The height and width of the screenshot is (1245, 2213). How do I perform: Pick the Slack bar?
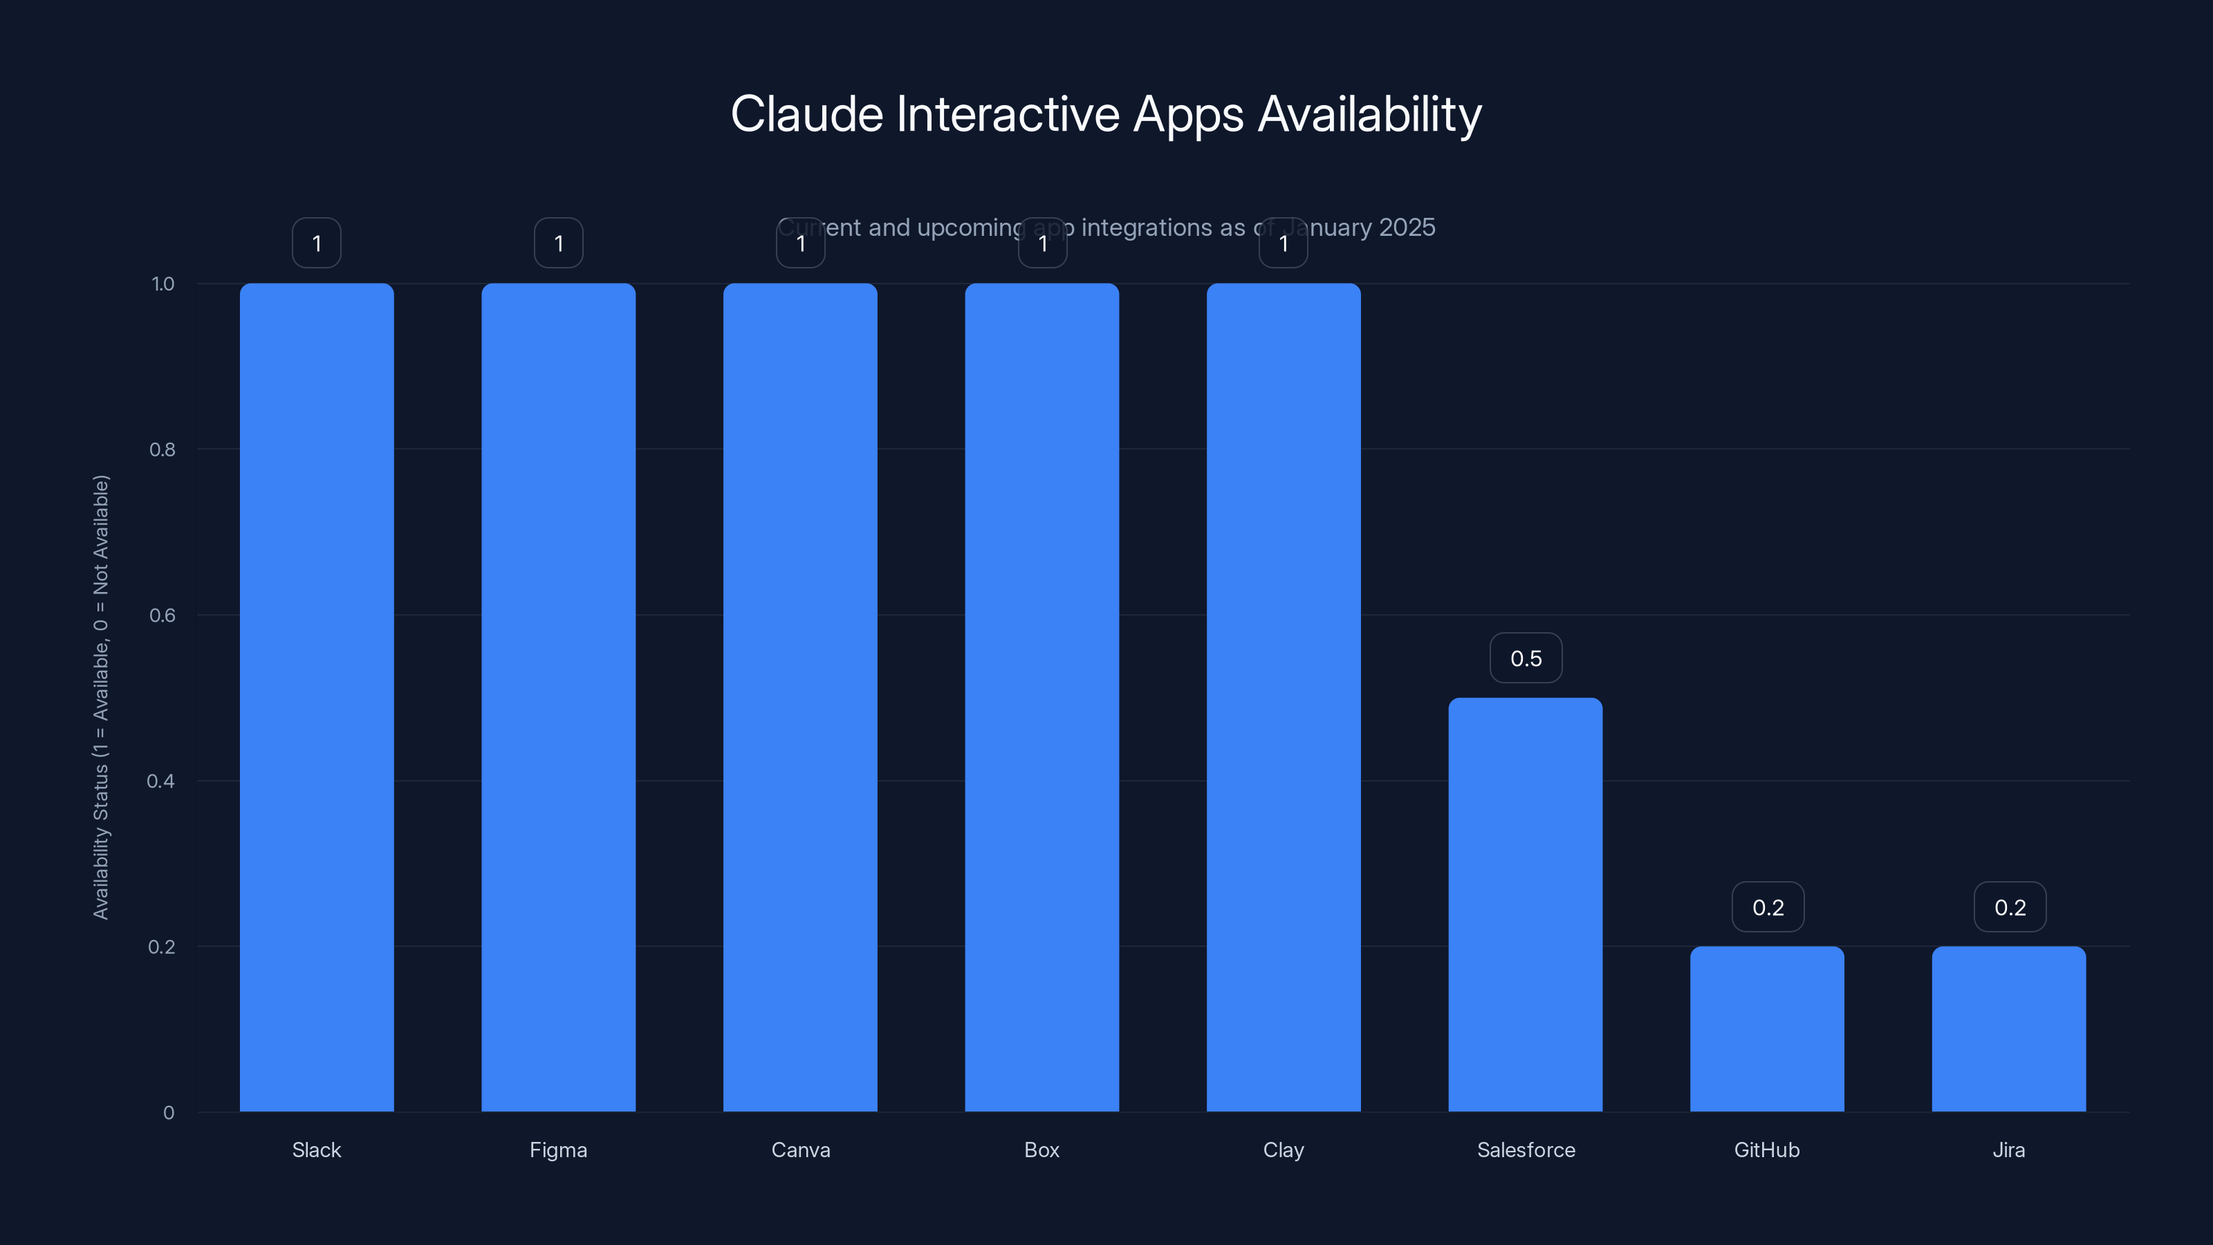coord(316,697)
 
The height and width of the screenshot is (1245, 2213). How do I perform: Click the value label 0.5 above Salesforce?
coord(1526,658)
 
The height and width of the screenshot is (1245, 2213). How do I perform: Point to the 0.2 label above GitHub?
coord(1768,907)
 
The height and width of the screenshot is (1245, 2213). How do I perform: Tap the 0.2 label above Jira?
coord(2010,907)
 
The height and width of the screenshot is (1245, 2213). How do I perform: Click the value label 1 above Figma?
coord(558,243)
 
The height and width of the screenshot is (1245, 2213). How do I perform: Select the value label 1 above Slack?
coord(316,243)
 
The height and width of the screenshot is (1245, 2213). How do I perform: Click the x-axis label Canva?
coord(800,1150)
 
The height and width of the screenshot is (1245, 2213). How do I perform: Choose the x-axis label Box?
coord(1041,1150)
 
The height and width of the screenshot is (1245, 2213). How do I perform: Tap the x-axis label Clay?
coord(1284,1150)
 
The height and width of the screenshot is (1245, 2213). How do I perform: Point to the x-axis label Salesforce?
coord(1526,1150)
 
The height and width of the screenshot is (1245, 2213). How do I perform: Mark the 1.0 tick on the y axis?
coord(163,284)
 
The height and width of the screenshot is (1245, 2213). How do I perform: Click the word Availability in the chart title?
coord(1369,114)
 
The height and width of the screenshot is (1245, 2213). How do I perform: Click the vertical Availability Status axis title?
coord(102,697)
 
